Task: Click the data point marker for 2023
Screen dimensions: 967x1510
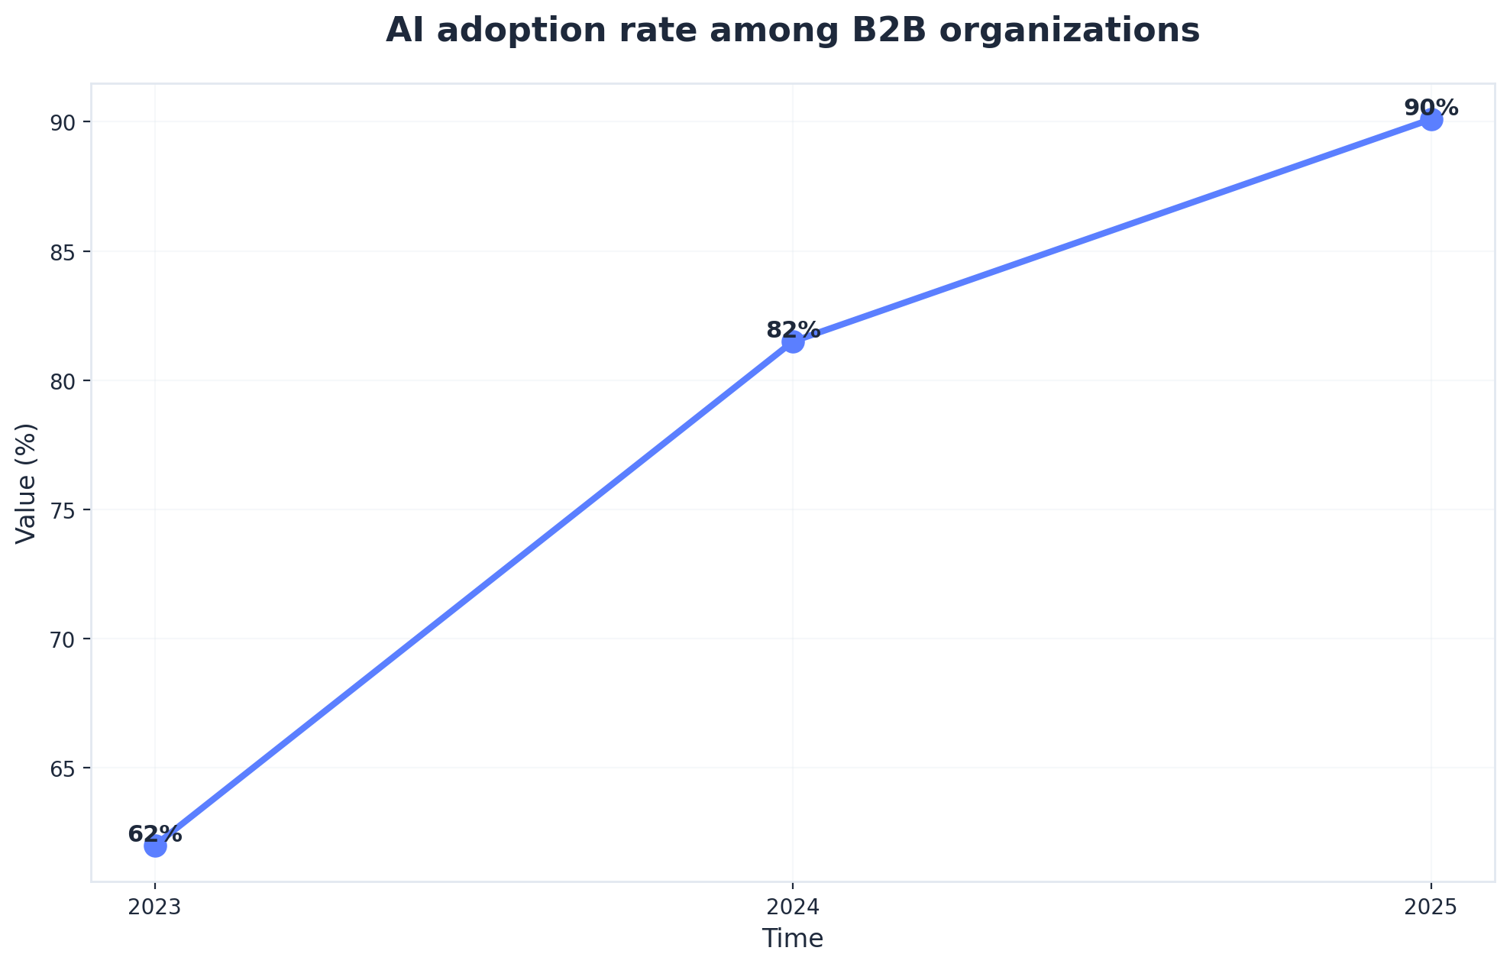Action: pos(155,846)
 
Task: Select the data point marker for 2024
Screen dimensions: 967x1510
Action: pos(793,342)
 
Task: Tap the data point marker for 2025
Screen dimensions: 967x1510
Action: pos(1431,120)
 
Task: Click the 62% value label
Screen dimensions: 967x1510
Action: pos(155,834)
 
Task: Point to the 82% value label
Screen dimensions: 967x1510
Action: pos(793,330)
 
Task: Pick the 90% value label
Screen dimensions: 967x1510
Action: pos(1431,108)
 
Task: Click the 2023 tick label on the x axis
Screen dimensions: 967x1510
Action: pos(155,907)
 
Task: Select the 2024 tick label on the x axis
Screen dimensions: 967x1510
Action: pos(793,907)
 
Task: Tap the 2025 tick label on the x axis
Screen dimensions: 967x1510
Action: pos(1431,907)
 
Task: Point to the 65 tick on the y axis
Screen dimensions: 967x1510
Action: pos(68,768)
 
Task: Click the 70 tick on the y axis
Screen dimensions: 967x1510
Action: pos(68,639)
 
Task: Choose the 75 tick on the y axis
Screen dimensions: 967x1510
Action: pos(68,510)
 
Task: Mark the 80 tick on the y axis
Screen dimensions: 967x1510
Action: pos(68,381)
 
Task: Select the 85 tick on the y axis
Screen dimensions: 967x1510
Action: pos(68,252)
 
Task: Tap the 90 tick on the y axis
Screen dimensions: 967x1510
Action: pos(68,122)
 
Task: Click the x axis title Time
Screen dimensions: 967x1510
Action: pos(793,939)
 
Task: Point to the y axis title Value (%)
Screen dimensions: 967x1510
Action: pos(27,483)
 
